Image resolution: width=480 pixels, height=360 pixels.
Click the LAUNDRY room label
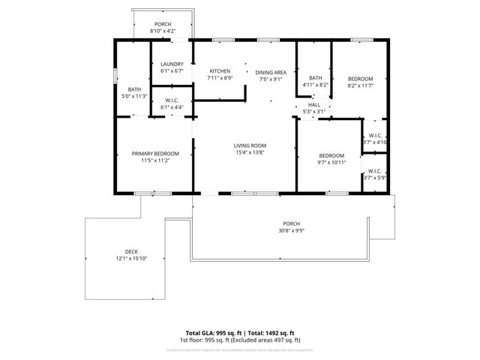point(172,64)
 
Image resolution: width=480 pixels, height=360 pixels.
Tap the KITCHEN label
point(220,70)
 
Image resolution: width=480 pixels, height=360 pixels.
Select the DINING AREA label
point(271,71)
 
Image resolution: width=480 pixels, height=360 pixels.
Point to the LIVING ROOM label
point(250,145)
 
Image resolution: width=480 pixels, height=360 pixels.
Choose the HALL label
point(314,105)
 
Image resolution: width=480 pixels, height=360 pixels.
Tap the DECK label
point(131,251)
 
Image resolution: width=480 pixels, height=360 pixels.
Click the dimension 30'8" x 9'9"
point(291,231)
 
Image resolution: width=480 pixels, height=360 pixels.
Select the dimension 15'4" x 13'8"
point(250,153)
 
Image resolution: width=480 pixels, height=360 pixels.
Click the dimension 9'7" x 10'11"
point(330,163)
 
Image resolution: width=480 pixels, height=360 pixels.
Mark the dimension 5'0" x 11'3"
point(134,96)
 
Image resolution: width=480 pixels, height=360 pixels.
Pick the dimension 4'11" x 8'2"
point(316,85)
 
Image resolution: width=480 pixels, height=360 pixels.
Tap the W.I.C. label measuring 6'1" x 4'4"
point(172,107)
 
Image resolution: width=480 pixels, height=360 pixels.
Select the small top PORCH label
point(163,24)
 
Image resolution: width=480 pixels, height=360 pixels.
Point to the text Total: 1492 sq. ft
point(268,332)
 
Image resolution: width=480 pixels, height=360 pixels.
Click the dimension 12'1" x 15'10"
point(131,259)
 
